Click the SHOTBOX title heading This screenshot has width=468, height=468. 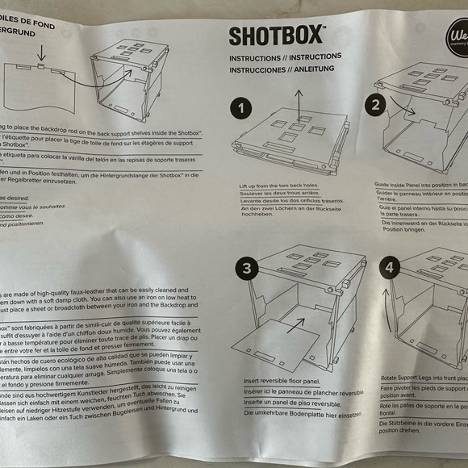[276, 36]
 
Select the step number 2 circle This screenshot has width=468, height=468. [374, 104]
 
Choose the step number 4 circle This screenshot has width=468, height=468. [390, 266]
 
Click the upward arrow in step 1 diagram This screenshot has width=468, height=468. [299, 105]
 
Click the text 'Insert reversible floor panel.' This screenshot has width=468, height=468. [279, 380]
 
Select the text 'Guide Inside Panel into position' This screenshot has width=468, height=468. [420, 185]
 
